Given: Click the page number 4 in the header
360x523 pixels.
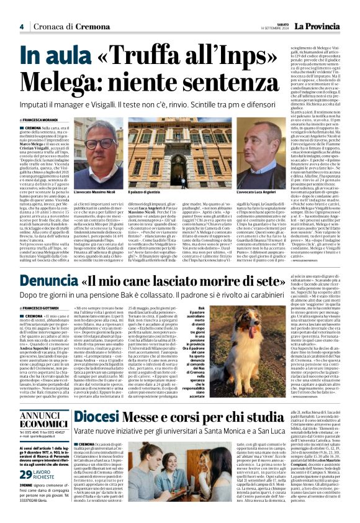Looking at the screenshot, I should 21,27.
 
